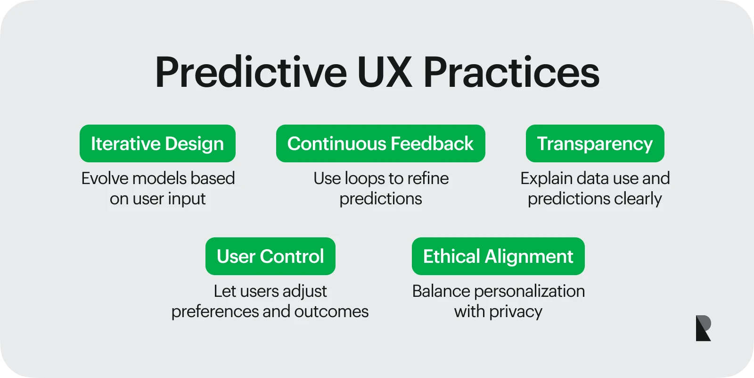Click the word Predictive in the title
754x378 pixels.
251,72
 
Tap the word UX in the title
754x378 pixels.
384,72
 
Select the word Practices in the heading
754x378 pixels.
511,72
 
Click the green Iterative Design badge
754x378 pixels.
157,143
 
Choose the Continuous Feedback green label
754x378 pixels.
380,143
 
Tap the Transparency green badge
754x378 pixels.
595,143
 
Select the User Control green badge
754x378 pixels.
270,256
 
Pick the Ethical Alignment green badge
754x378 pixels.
498,256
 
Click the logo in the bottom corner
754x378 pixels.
703,328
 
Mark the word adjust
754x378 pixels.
304,292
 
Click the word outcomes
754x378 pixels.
331,311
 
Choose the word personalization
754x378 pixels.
530,292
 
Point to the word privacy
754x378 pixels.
516,312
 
